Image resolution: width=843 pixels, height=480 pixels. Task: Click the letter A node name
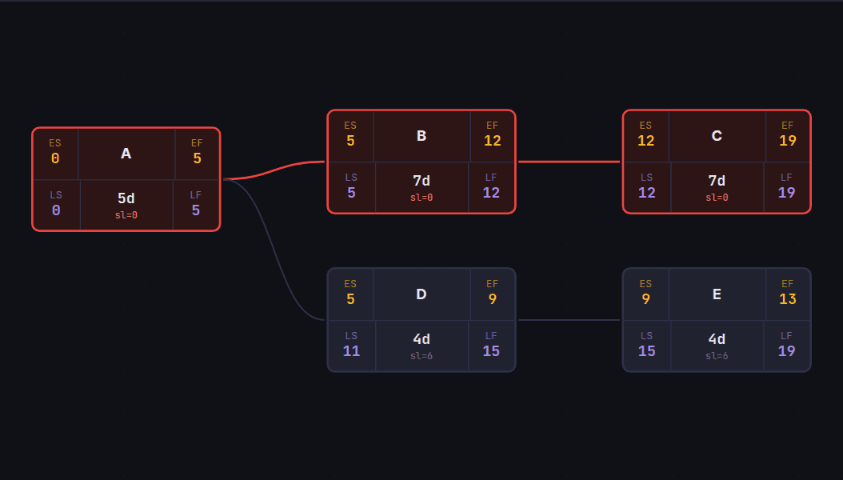[126, 154]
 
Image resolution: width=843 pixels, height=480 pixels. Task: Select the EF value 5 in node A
[198, 158]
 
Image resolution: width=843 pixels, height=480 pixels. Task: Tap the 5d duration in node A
[126, 198]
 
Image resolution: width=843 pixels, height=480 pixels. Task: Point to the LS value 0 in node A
[56, 210]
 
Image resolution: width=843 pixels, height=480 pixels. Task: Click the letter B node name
[421, 136]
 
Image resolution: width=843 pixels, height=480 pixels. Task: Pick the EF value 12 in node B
[493, 141]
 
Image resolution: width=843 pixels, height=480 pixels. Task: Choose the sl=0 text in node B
[421, 198]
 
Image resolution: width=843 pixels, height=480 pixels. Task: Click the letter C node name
[717, 136]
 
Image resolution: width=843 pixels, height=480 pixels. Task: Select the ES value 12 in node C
[645, 141]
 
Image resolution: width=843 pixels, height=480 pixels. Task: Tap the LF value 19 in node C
[786, 193]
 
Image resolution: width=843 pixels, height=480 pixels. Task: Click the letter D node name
[421, 294]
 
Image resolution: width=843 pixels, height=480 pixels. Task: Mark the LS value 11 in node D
[352, 351]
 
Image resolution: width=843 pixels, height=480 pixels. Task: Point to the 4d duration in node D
[421, 339]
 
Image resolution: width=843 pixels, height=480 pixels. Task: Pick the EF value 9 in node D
[493, 299]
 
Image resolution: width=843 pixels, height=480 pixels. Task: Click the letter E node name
[717, 294]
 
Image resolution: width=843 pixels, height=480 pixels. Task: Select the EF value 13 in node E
[788, 299]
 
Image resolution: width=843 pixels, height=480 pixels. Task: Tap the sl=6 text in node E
[717, 356]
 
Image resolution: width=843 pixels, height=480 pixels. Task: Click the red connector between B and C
[569, 162]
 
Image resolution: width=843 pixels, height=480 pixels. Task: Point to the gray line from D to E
[569, 320]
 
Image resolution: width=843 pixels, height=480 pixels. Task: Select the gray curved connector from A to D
[274, 250]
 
